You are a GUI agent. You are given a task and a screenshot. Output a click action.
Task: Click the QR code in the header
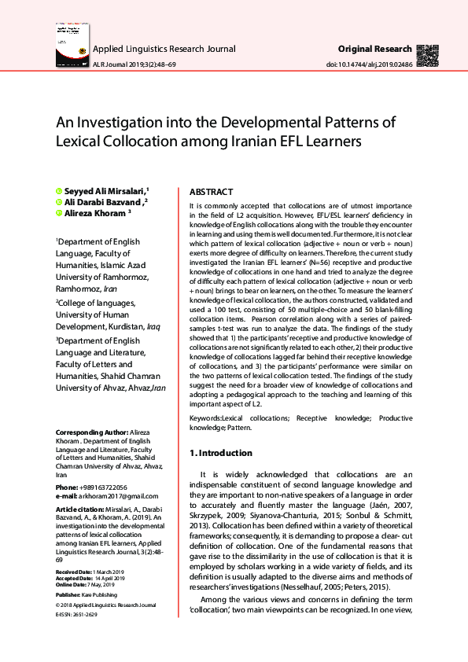pyautogui.click(x=428, y=54)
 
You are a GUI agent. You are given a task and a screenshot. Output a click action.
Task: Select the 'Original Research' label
pyautogui.click(x=374, y=49)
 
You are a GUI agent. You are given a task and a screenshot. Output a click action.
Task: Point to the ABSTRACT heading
pyautogui.click(x=212, y=192)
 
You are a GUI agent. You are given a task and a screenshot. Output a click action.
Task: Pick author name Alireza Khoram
pyautogui.click(x=93, y=213)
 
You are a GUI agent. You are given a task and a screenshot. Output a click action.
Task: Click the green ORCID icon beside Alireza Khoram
pyautogui.click(x=58, y=213)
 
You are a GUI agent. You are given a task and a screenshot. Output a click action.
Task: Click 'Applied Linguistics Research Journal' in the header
pyautogui.click(x=164, y=49)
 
